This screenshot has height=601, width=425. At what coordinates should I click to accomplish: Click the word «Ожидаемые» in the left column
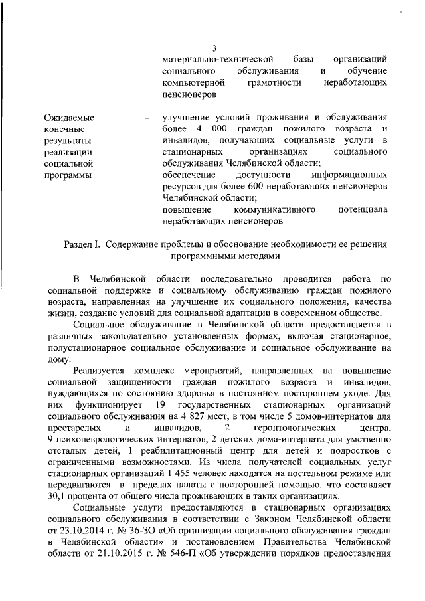69,118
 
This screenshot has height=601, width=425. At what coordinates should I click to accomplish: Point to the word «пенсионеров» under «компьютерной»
189,95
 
